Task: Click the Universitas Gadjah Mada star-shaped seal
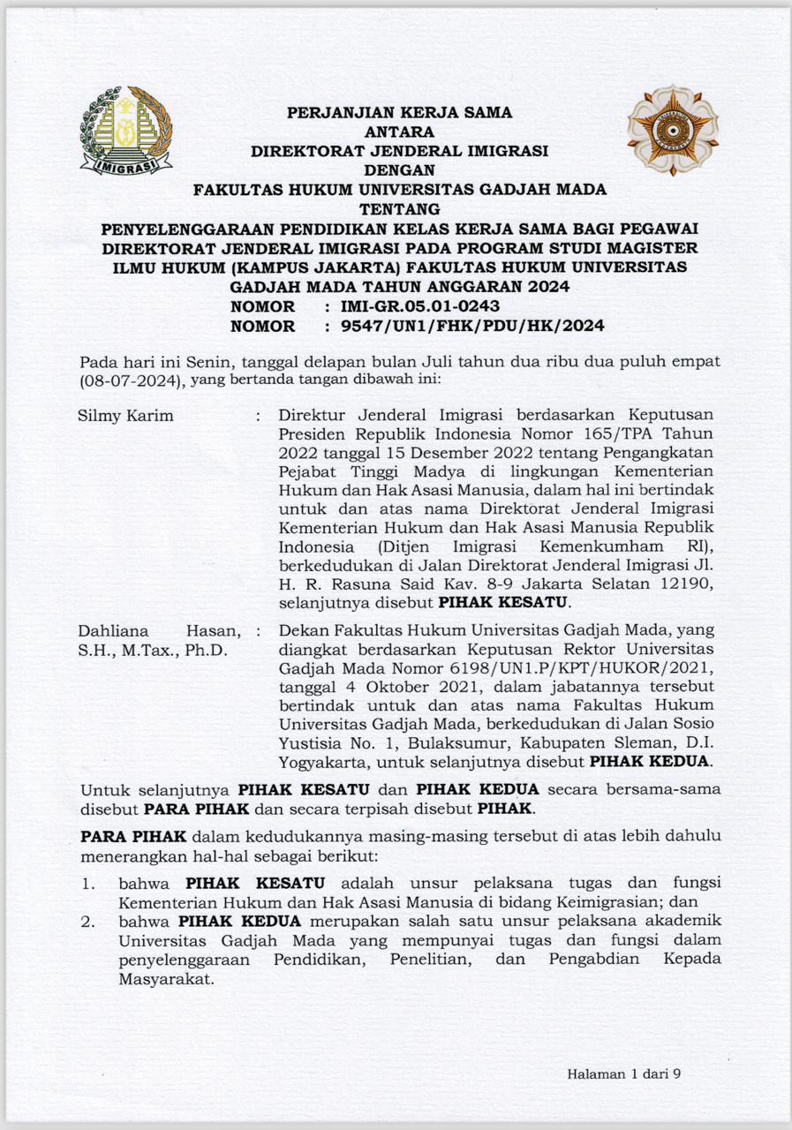point(673,131)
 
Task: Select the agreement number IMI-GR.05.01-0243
point(412,306)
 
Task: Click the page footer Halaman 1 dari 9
point(624,1074)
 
